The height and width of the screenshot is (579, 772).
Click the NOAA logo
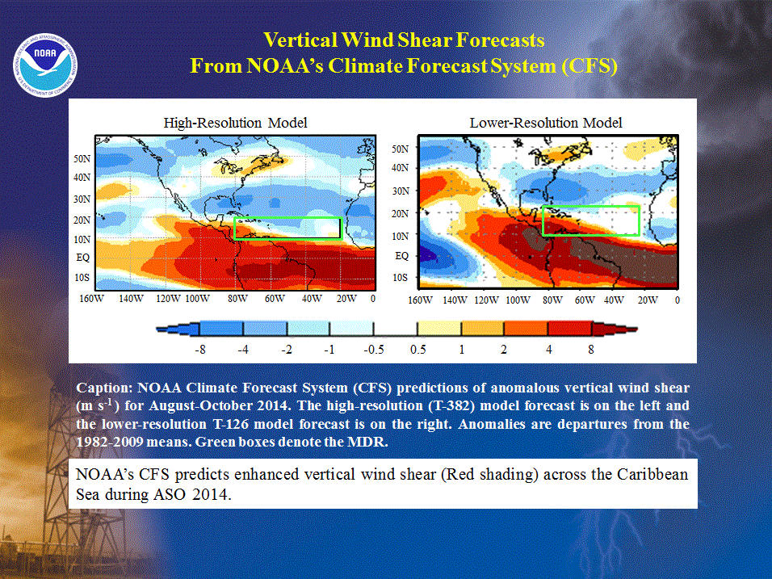44,65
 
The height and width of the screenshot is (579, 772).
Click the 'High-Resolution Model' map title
235,123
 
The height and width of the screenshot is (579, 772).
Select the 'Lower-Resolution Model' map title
546,123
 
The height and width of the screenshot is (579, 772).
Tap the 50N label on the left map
82,158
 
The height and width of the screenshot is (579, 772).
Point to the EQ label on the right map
402,255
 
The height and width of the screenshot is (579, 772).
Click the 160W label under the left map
91,298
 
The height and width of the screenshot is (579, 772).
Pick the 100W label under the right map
518,300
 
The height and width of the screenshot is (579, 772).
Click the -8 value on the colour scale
200,350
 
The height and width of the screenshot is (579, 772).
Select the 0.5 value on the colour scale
417,350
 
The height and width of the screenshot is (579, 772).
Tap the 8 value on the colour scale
591,350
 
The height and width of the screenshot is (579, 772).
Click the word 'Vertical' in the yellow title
300,40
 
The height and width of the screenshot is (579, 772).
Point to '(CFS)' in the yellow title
589,65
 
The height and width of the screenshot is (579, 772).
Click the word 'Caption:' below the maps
104,388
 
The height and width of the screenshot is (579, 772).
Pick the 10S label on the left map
82,278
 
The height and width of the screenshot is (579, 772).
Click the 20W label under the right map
648,300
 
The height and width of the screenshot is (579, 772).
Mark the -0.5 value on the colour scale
374,350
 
